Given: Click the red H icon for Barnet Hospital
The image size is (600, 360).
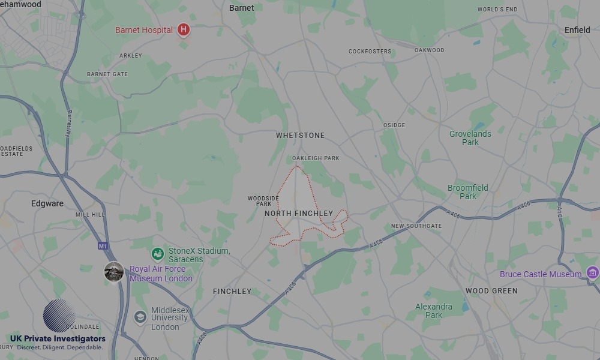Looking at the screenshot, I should tap(184, 29).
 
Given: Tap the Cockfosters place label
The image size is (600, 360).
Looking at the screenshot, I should tap(370, 52).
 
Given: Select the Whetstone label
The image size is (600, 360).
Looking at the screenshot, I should tap(300, 136).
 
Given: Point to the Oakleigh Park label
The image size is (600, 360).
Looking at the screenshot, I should tap(316, 158).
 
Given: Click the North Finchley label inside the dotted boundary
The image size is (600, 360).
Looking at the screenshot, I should tap(298, 214).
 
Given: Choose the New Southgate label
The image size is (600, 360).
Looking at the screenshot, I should tap(416, 226).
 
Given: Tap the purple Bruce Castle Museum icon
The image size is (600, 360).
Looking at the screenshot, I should tap(592, 274).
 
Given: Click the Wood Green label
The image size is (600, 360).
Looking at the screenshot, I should tap(491, 291).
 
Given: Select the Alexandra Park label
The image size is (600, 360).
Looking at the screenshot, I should tap(433, 311).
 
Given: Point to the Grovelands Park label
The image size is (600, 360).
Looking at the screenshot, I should tap(470, 138).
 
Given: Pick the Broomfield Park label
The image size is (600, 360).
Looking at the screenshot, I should tap(467, 192).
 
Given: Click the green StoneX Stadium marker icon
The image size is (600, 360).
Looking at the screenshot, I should tap(158, 254).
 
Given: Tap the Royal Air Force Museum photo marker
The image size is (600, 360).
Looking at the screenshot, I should tap(114, 272).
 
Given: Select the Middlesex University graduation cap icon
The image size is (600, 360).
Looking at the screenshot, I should tap(140, 317).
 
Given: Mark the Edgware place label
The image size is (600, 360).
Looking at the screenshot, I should tap(47, 203).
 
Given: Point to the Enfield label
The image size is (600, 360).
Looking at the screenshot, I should tap(577, 30).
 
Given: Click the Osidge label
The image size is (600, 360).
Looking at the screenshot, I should tap(394, 125).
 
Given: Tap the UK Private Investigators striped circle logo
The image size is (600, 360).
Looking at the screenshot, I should tap(59, 316).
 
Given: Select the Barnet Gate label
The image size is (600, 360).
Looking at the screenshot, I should tap(107, 74).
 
